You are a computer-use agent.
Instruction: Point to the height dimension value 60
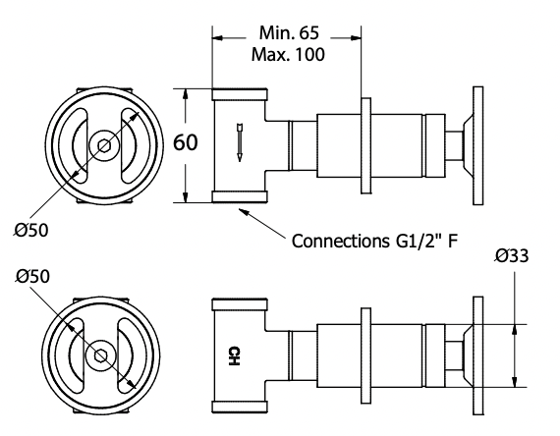click(187, 142)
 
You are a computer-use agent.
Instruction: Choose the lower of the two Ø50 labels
click(33, 278)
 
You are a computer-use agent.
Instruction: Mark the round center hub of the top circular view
click(101, 144)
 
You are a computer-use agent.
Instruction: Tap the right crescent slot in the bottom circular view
click(126, 354)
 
